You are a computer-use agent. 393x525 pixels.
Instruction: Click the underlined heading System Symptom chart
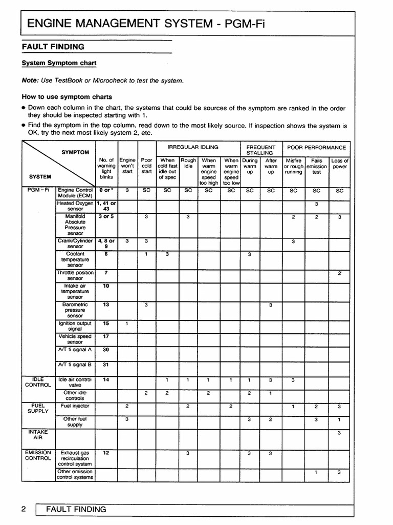[59, 63]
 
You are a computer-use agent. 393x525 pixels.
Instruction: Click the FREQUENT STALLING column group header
[260, 150]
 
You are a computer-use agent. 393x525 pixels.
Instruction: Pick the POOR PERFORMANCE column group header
[317, 147]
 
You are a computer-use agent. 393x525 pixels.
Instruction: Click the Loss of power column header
[340, 164]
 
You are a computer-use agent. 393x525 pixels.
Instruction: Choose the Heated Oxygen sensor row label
[75, 206]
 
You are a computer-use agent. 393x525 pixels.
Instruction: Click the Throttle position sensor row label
[75, 275]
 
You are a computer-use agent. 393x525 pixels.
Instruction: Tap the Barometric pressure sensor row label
[75, 310]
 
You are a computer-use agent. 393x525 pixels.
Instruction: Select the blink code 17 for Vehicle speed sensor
[106, 336]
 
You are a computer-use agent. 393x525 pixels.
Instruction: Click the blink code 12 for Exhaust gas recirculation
[106, 453]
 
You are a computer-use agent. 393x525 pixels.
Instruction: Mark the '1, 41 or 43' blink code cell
[106, 206]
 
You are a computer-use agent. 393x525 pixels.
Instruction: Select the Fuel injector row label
[75, 406]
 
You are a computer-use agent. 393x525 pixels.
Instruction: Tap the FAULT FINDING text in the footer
[76, 510]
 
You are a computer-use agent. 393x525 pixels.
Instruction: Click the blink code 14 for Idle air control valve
[106, 380]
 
